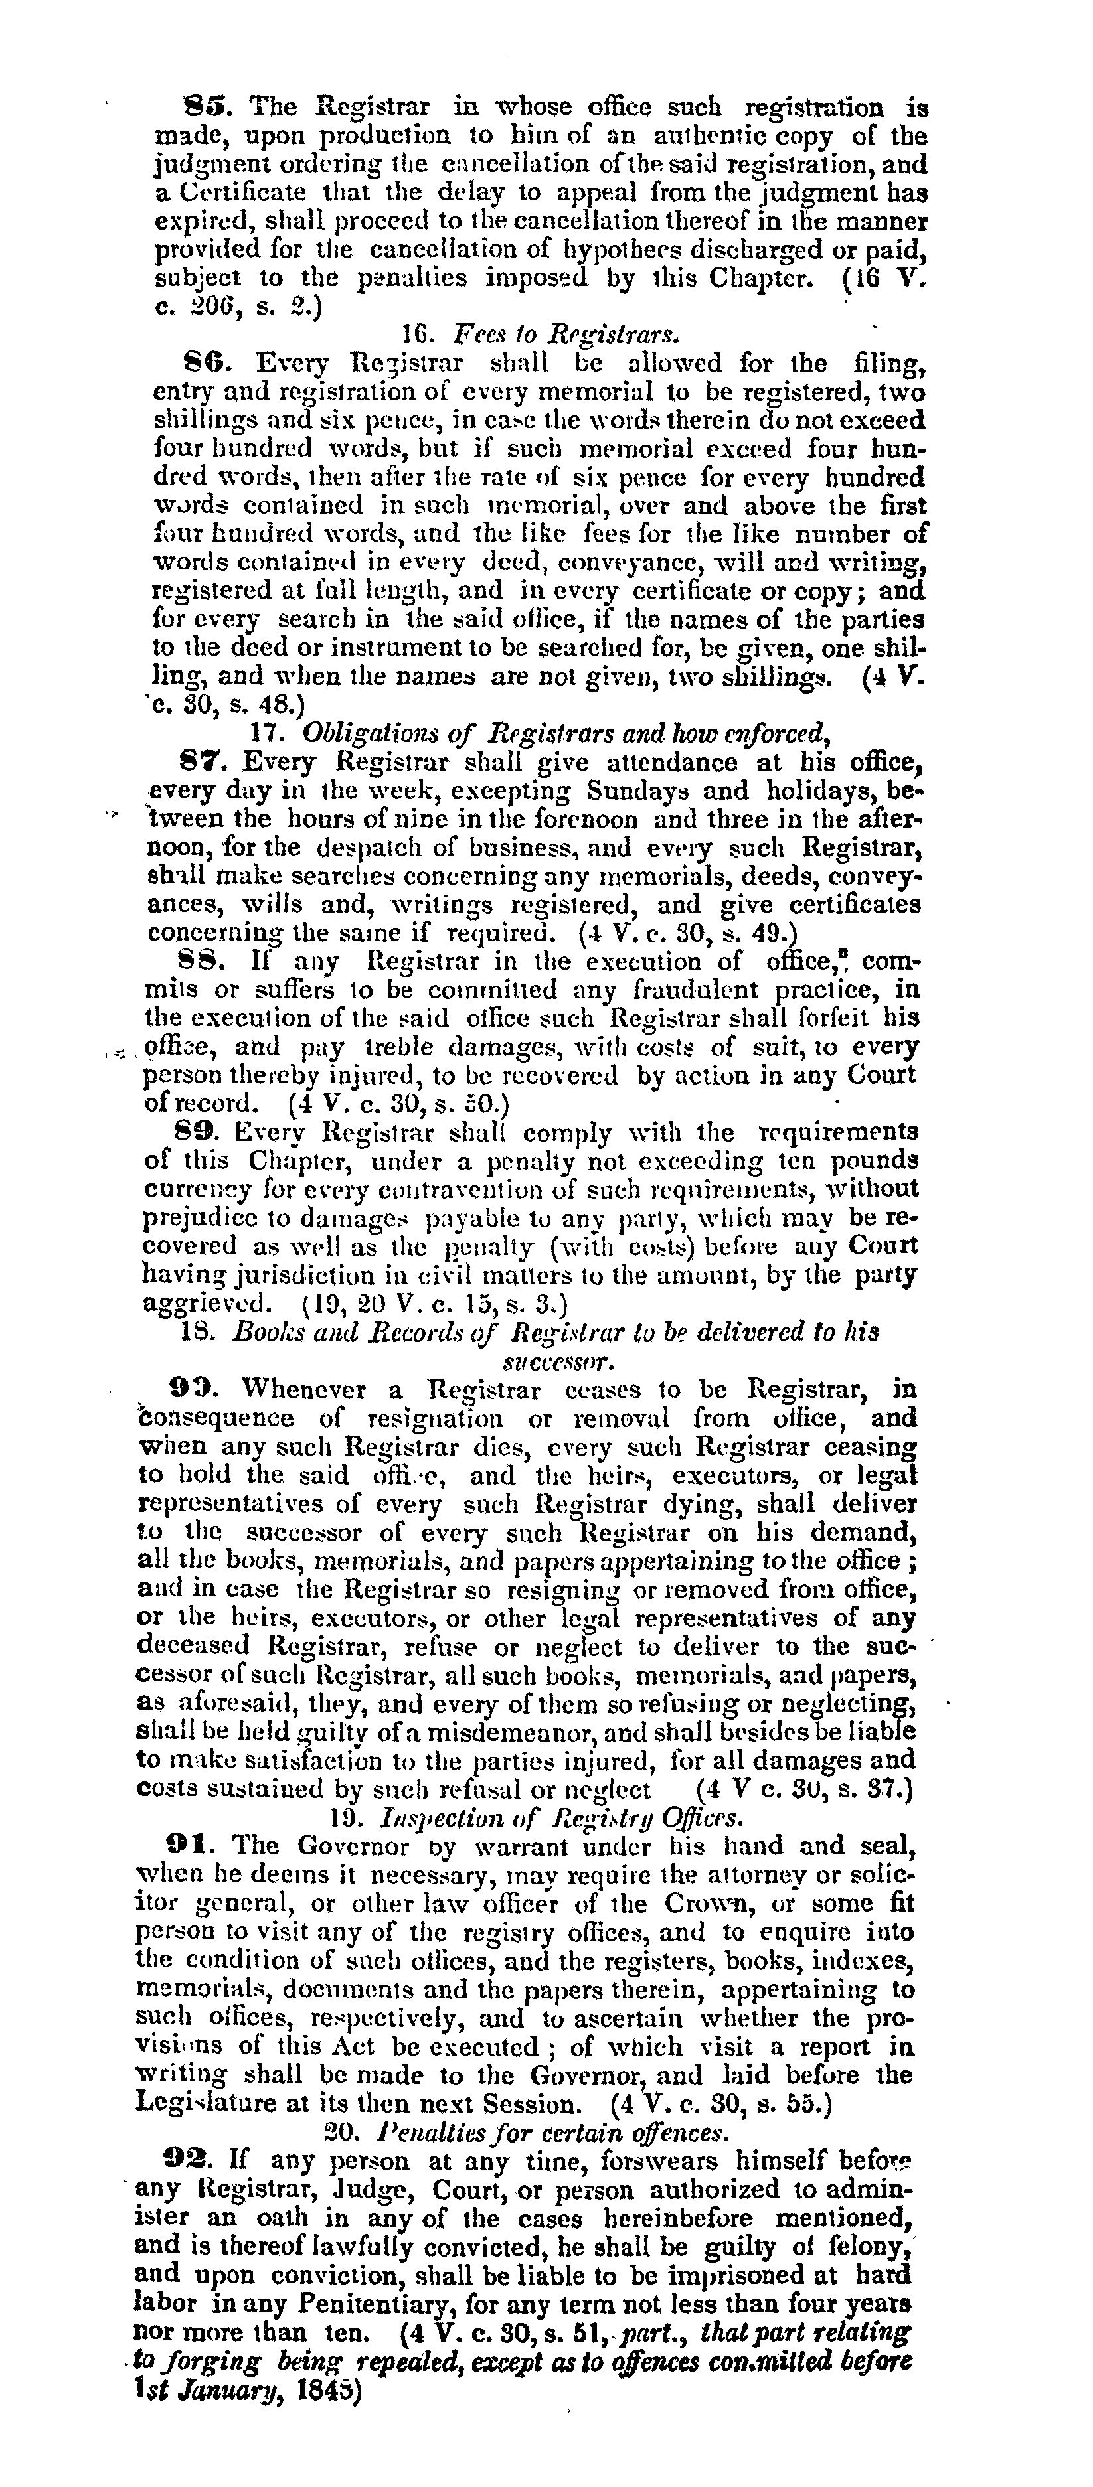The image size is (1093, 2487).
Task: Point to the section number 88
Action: [x=201, y=962]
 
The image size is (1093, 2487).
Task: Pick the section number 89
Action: [x=200, y=1132]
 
